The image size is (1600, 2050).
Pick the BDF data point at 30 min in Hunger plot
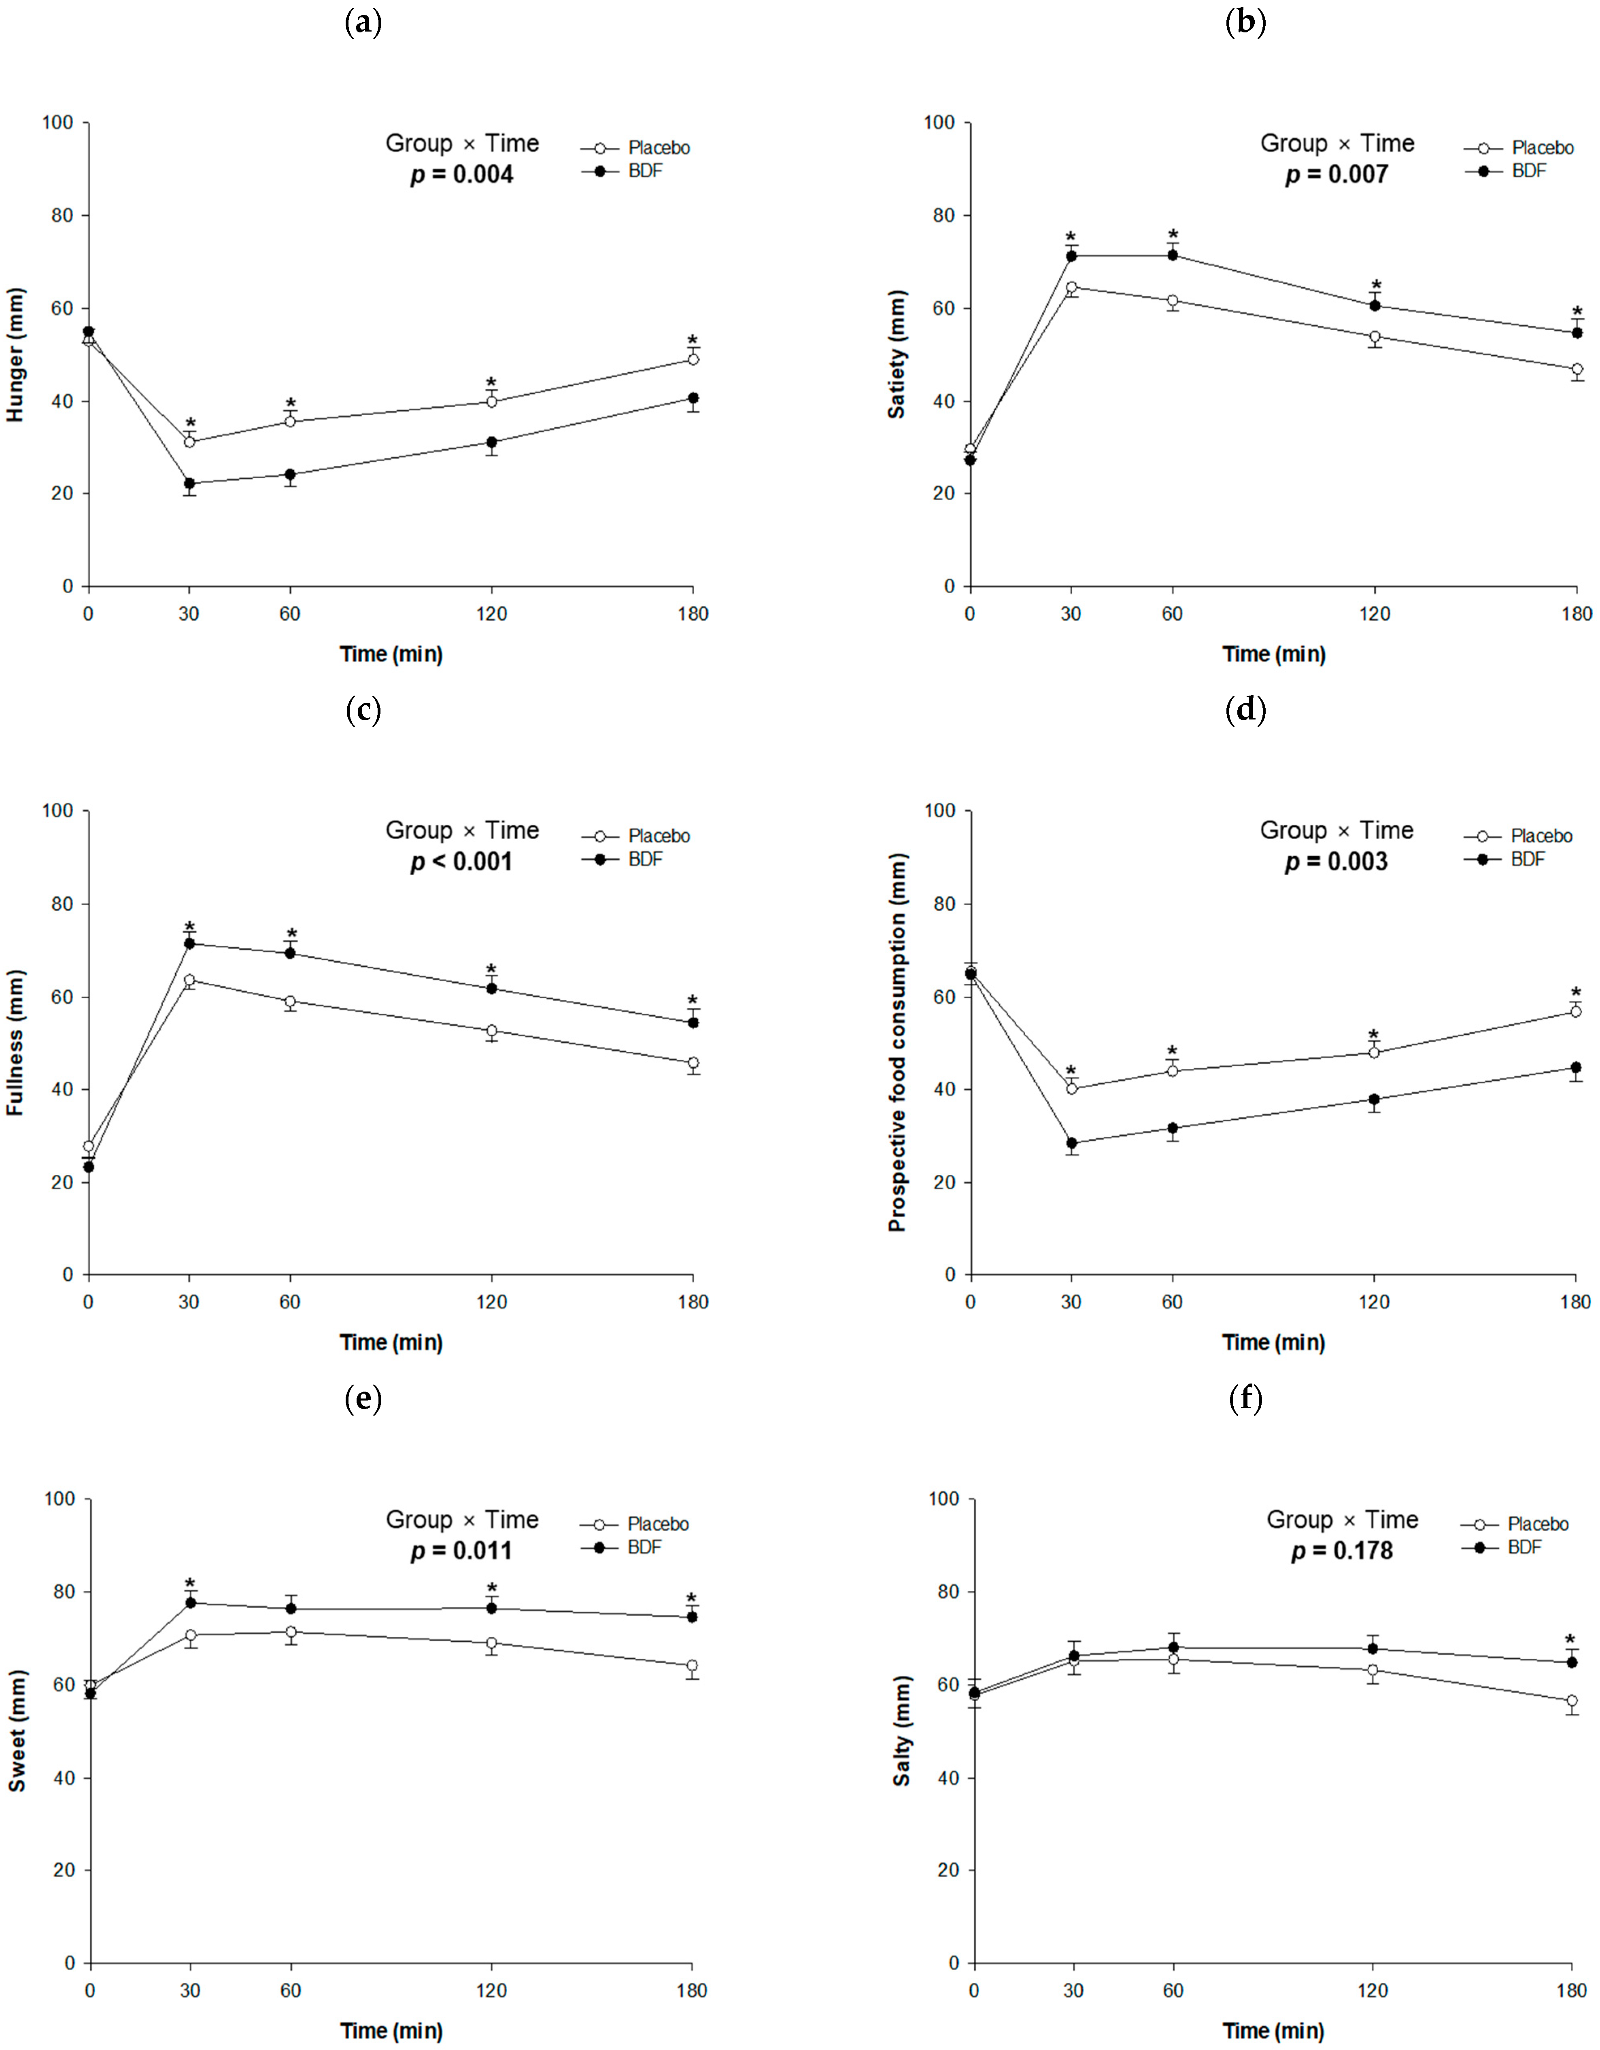click(190, 484)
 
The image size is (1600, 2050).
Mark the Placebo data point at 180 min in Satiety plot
click(1577, 370)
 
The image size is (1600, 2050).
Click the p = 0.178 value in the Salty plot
click(1342, 1551)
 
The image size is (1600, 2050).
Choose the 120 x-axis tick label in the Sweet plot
click(491, 1990)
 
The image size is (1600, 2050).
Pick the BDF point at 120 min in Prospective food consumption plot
click(1374, 1099)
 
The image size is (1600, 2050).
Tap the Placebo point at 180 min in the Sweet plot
click(692, 1665)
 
